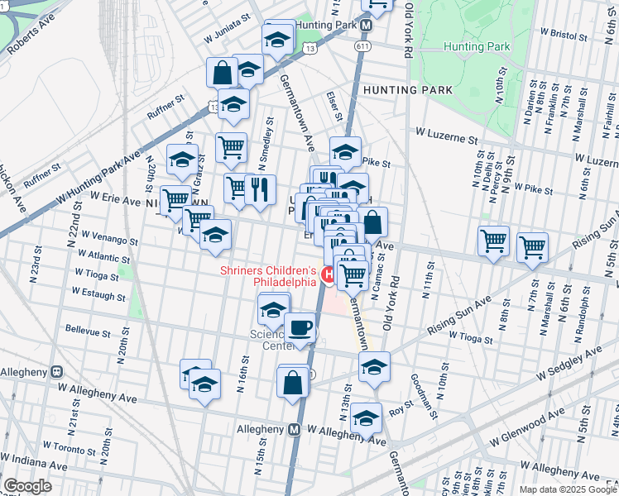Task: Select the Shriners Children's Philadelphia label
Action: [x=268, y=276]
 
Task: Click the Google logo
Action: [x=27, y=486]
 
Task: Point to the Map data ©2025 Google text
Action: [x=567, y=489]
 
